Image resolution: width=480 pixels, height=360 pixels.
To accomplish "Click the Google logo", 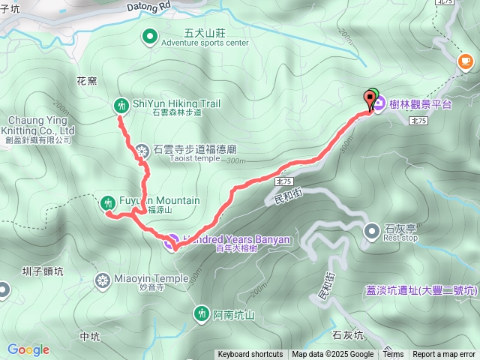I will click(x=28, y=349).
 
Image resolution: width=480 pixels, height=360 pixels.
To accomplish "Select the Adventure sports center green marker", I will click(x=149, y=34).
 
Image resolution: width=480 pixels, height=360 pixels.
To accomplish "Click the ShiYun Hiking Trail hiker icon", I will click(x=120, y=106).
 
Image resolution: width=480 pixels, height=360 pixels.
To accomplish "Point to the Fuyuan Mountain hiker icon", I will click(x=108, y=202).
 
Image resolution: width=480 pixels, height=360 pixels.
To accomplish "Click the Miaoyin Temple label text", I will click(x=151, y=278).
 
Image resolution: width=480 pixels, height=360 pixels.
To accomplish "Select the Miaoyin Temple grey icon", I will click(x=103, y=280).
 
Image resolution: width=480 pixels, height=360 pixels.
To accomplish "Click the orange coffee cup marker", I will click(x=465, y=60).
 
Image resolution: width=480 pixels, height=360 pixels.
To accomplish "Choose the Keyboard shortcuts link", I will click(x=250, y=355).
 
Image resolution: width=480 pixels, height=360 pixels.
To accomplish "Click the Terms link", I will click(x=394, y=355).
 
